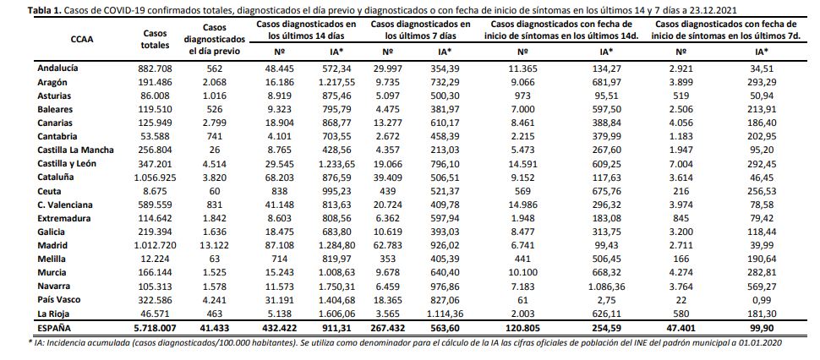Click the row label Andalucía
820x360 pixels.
(57, 68)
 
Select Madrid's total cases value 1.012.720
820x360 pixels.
(155, 245)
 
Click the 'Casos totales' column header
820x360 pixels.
(156, 39)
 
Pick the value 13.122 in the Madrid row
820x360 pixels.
(215, 245)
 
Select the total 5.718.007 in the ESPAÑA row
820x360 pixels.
(156, 328)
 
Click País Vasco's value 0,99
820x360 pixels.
(762, 300)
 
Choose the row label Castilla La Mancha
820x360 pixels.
(76, 150)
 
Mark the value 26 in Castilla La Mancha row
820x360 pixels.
(215, 150)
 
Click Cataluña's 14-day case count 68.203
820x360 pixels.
(282, 177)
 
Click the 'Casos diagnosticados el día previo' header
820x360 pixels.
(215, 39)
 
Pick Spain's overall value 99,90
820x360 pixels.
(762, 328)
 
